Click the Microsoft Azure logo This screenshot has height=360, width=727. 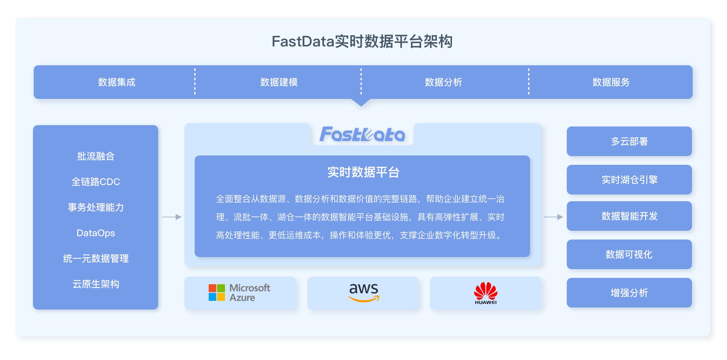239,292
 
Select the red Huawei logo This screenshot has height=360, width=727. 485,293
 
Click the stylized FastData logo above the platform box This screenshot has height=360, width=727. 362,134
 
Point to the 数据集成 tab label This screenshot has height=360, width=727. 117,82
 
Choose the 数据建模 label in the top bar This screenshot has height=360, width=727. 279,82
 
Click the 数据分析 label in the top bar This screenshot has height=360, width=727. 443,82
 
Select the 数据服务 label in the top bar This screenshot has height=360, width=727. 611,82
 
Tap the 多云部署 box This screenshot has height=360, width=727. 629,141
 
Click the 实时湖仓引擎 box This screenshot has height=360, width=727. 629,180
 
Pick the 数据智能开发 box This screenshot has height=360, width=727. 629,216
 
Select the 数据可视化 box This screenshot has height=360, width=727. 629,254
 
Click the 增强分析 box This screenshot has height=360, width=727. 629,293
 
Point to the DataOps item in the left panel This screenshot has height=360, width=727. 96,233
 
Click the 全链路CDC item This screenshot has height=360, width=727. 96,182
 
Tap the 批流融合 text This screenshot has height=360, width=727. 96,156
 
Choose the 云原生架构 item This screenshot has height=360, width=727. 96,284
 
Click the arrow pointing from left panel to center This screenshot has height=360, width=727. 172,217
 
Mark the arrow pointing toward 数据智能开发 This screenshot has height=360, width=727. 553,217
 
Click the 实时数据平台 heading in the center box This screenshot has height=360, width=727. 363,172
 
